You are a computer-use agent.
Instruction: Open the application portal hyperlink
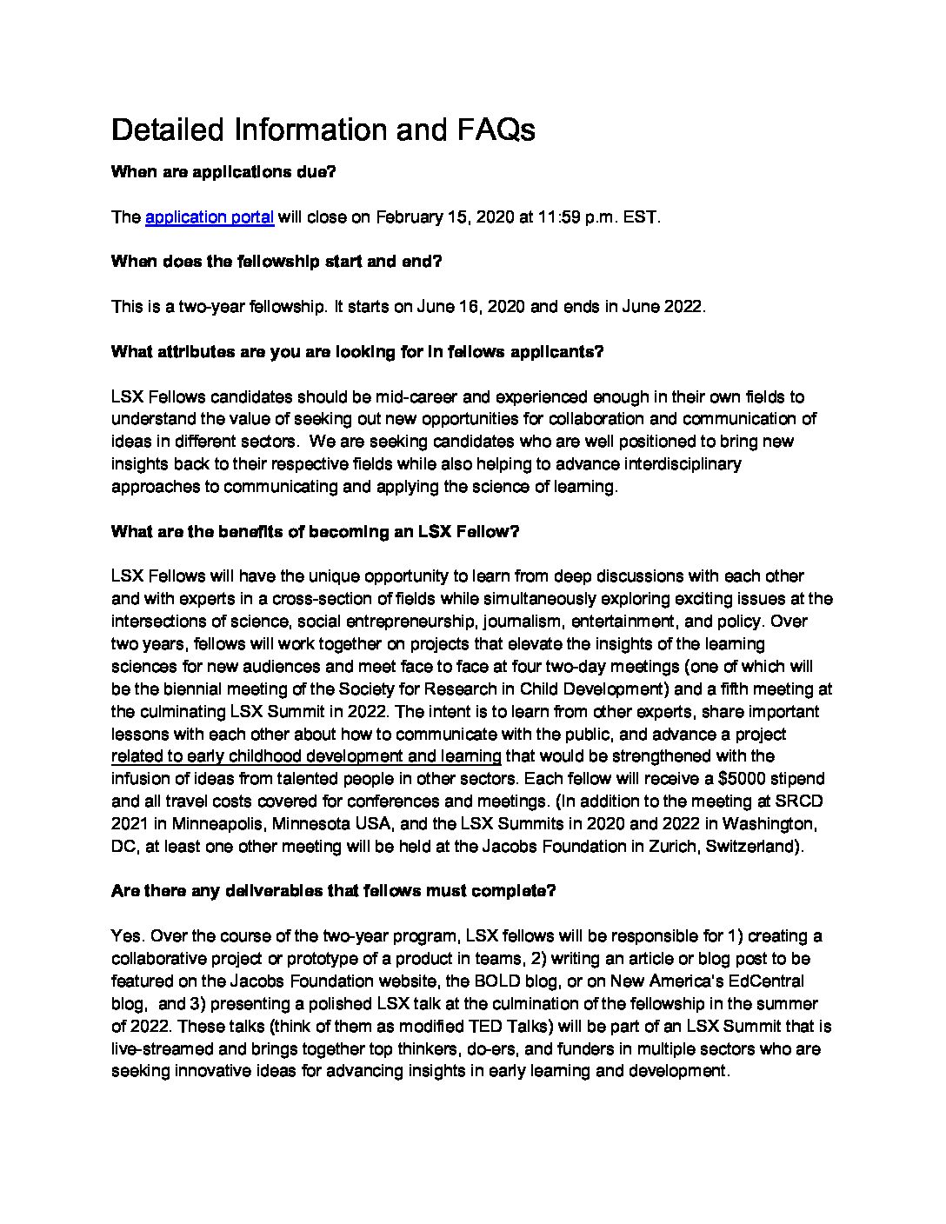tap(210, 217)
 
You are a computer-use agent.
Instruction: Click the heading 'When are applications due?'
tap(223, 172)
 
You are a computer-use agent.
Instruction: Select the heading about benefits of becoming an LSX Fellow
tap(315, 532)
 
